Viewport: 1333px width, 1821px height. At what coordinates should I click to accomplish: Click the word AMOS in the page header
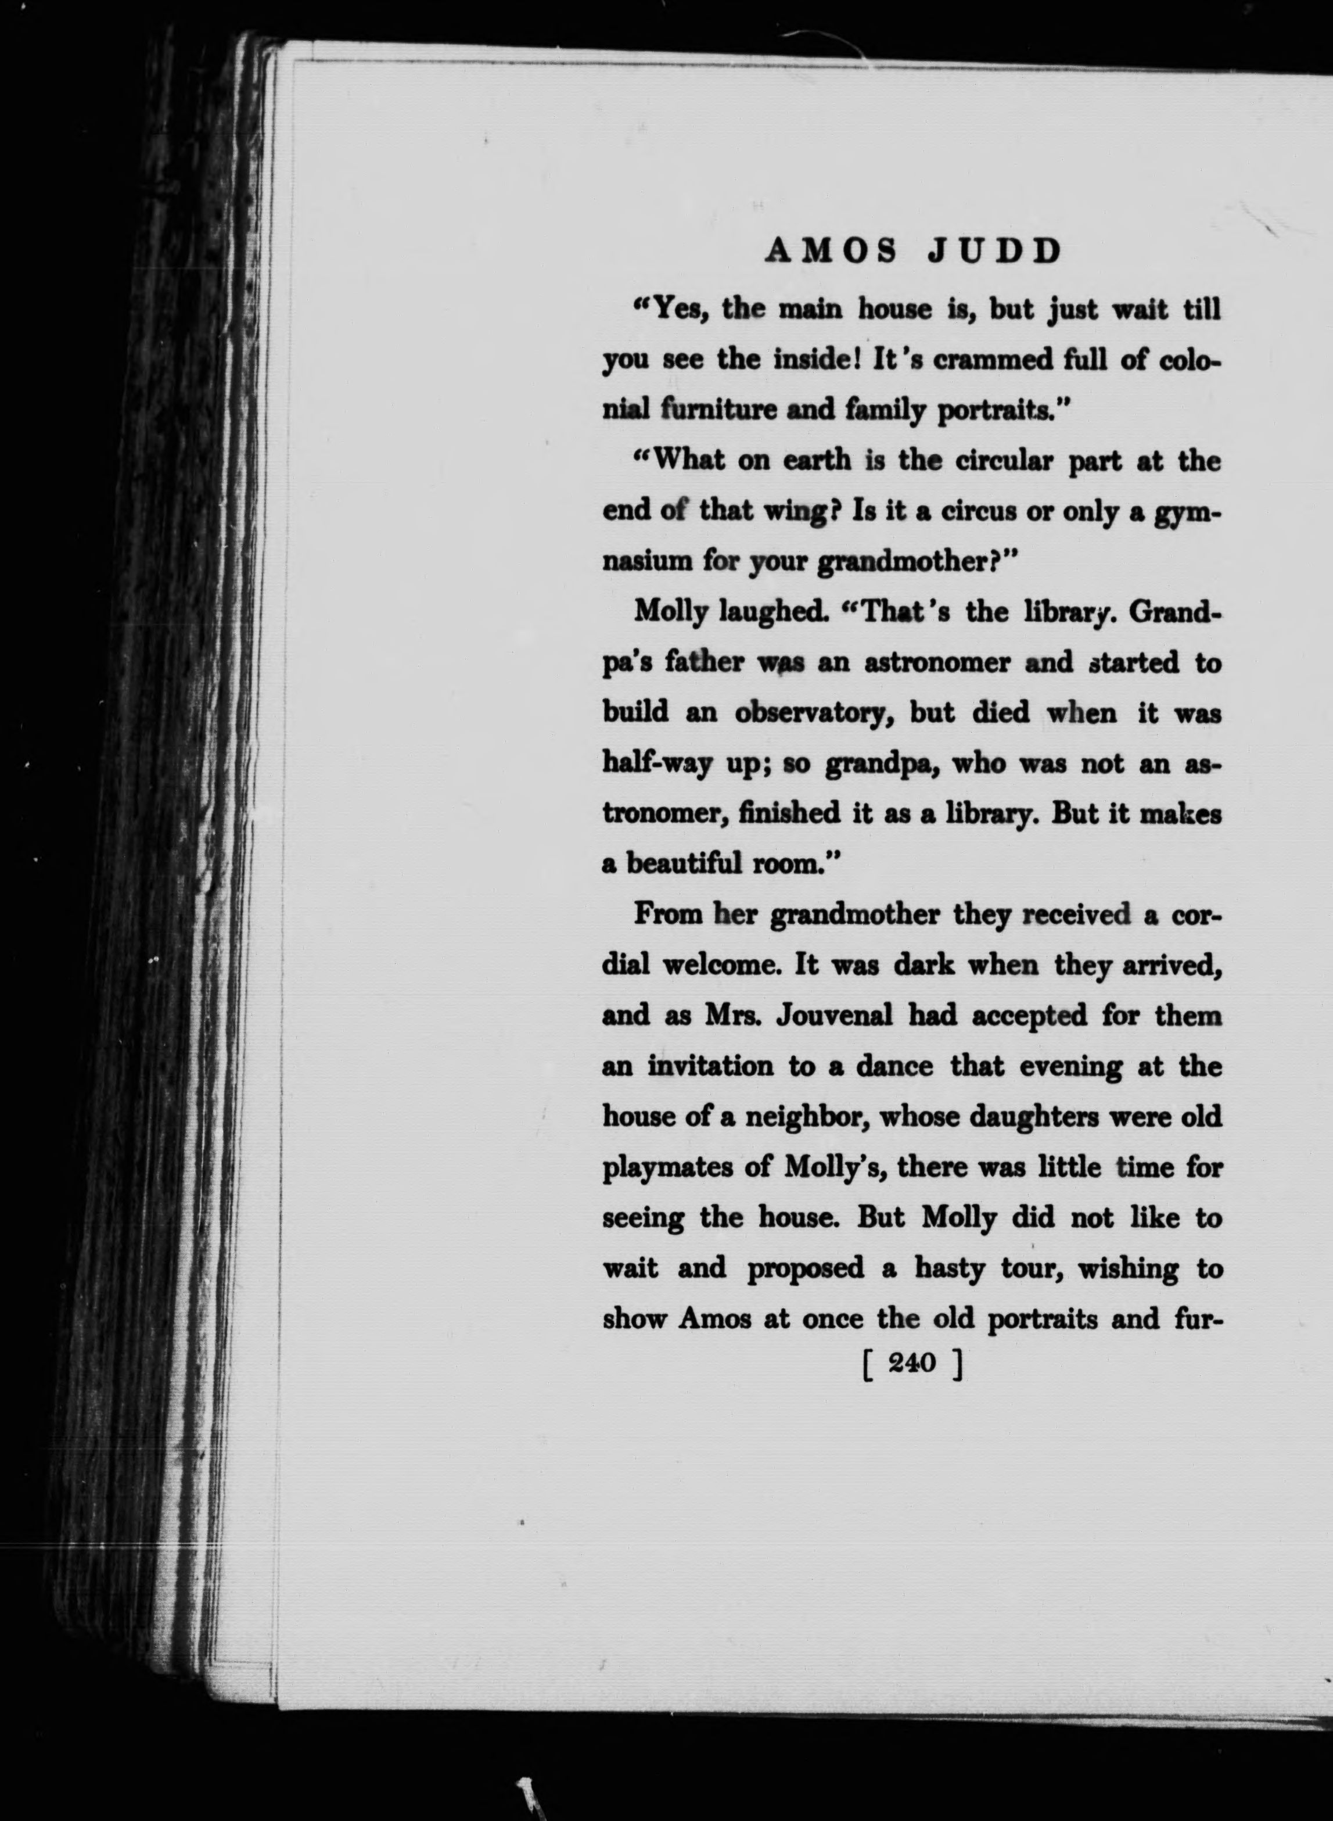pos(831,253)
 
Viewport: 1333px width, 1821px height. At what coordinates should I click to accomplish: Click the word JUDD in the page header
pos(995,253)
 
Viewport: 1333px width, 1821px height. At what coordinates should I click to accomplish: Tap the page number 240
pos(911,1363)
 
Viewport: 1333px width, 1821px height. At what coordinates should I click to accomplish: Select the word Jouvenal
pos(834,1016)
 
